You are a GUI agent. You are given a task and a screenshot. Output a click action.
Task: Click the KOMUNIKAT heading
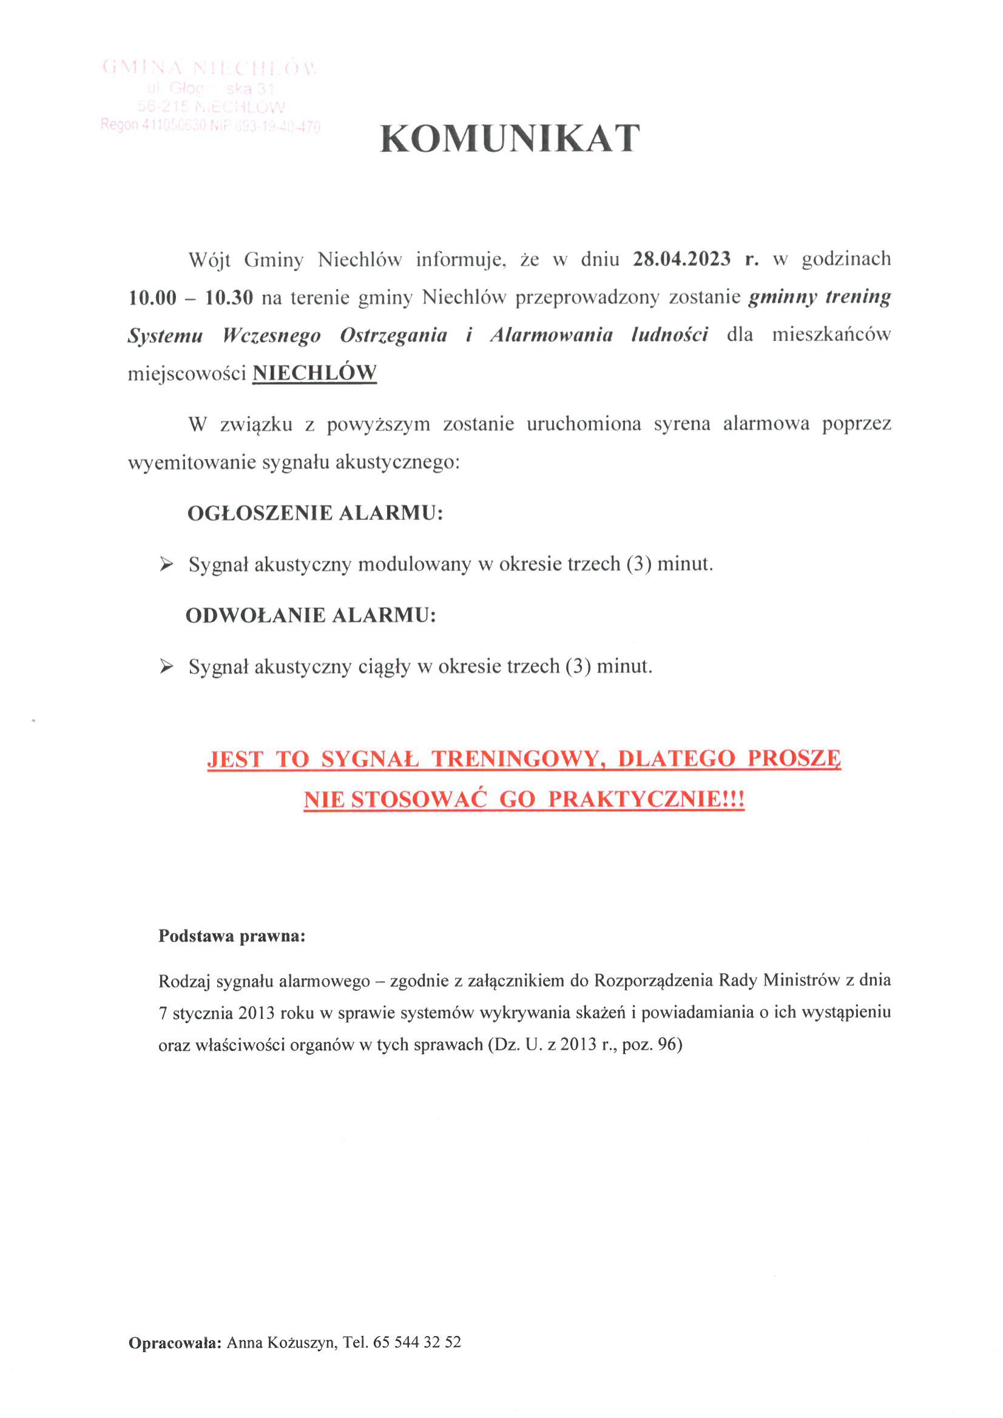[510, 138]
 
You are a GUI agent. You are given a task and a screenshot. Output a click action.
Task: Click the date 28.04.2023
[681, 258]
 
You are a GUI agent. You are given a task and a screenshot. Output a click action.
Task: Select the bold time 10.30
[229, 298]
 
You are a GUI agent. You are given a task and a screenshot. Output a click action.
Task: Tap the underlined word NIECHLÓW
[314, 373]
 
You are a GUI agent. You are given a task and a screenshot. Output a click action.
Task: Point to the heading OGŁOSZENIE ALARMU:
[315, 513]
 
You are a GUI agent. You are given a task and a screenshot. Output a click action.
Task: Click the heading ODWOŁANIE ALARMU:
[311, 615]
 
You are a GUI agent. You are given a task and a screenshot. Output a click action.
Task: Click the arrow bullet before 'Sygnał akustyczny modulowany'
[166, 564]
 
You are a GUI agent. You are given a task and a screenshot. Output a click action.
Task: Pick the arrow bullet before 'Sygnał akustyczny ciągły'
[166, 666]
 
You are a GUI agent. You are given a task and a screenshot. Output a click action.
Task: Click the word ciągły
[384, 667]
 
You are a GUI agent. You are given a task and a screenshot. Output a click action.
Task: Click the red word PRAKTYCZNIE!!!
[646, 799]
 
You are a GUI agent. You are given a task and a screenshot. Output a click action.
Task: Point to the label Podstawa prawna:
[232, 936]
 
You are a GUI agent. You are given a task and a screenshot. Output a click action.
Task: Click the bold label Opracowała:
[175, 1343]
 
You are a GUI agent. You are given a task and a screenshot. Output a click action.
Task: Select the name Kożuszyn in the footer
[302, 1343]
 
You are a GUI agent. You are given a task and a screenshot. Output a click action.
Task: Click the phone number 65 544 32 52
[417, 1343]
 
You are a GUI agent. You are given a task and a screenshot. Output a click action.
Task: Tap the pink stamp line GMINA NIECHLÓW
[209, 67]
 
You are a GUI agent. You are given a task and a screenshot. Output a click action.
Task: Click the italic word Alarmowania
[551, 335]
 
